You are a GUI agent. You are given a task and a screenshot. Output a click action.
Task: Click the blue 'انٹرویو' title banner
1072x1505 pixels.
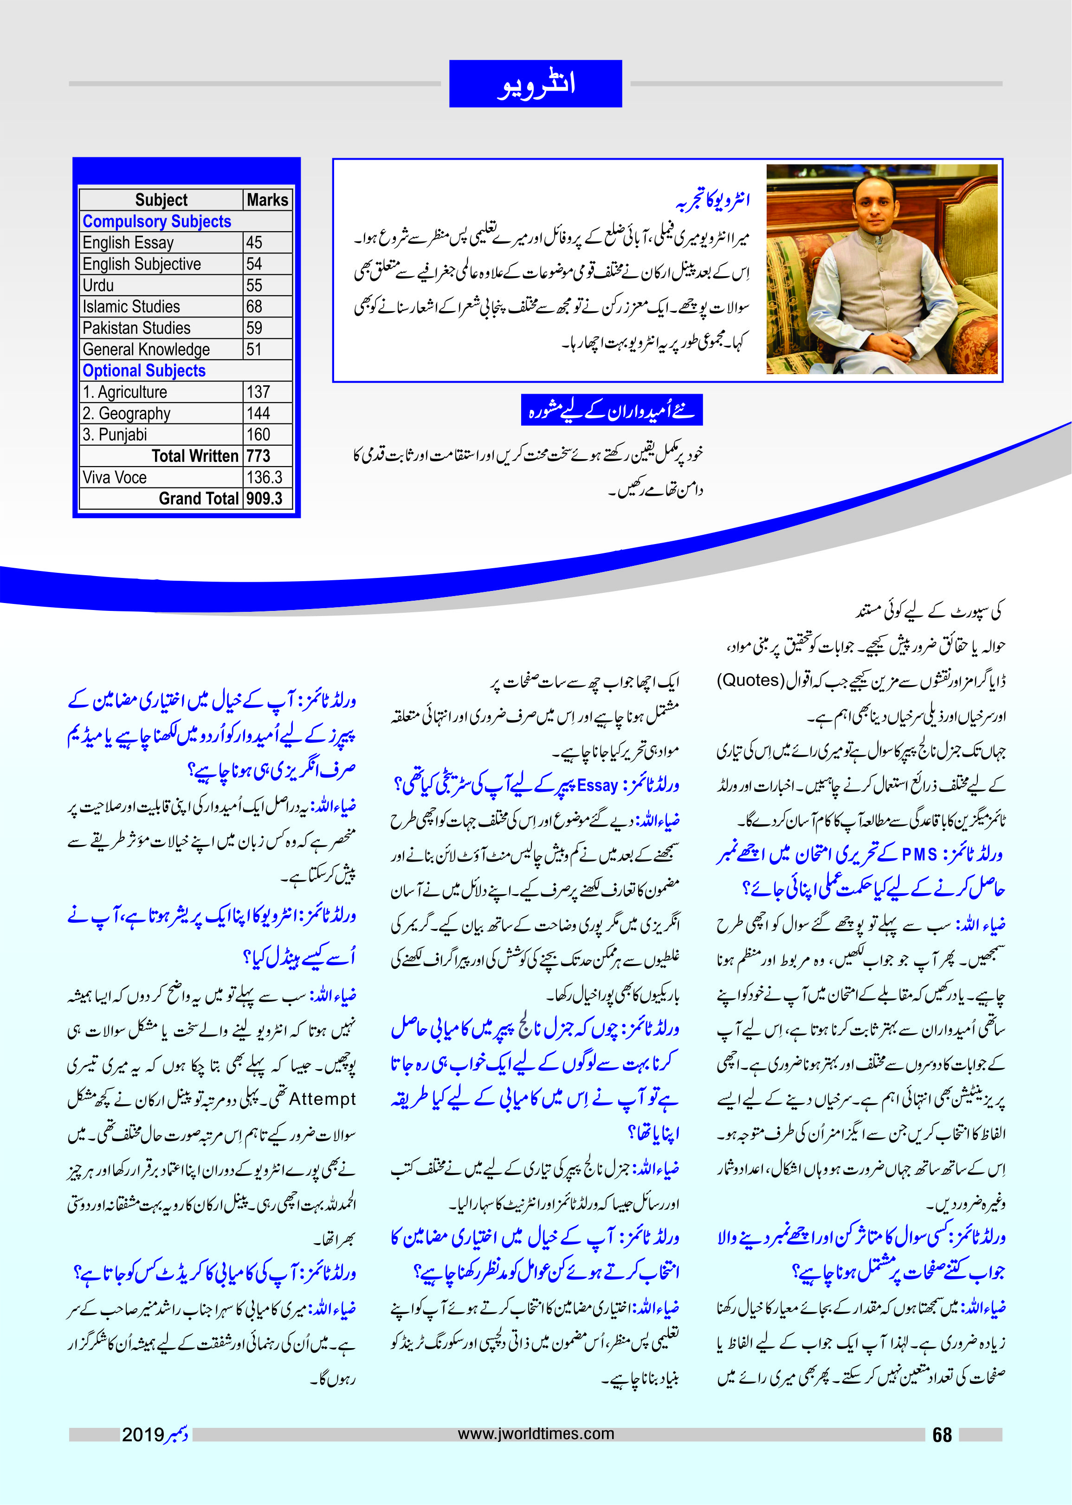click(536, 84)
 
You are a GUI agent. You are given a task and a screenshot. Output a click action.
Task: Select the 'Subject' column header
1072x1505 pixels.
click(161, 200)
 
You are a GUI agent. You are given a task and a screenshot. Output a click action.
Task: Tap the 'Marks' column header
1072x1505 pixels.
click(267, 200)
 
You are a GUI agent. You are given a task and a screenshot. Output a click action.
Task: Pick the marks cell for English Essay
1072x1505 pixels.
click(254, 242)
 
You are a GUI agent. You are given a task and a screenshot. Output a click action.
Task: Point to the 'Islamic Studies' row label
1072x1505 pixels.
click(131, 306)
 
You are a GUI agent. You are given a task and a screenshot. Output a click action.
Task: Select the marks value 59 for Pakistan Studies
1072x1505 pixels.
click(254, 328)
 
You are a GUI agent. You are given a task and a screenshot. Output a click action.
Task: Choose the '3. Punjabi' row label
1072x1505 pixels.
click(115, 435)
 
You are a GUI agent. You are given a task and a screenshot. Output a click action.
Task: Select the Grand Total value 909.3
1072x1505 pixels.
click(265, 499)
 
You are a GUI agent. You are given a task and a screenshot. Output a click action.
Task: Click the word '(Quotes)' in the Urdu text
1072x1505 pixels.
click(749, 680)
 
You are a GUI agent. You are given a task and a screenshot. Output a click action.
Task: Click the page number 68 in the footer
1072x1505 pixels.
click(942, 1434)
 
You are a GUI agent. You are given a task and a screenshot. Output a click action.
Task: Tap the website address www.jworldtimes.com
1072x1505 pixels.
click(536, 1434)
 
